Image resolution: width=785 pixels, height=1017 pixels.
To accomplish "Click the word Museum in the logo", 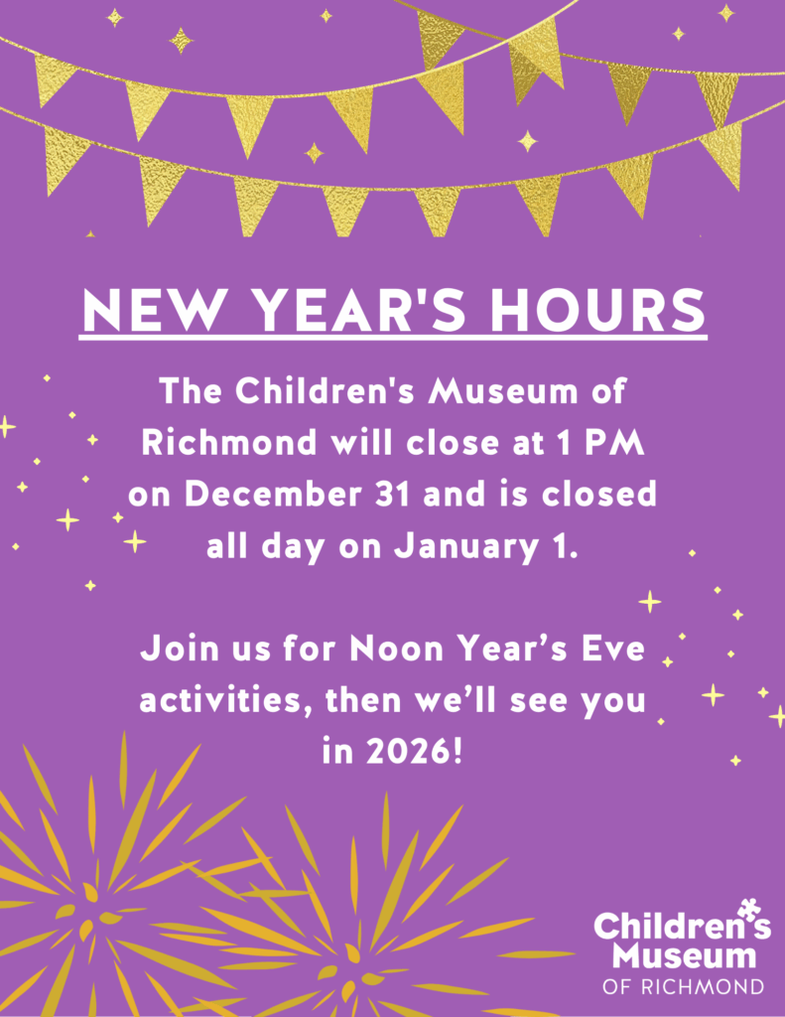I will coord(683,957).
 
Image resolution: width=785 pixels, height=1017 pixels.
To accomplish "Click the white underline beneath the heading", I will coord(392,340).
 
